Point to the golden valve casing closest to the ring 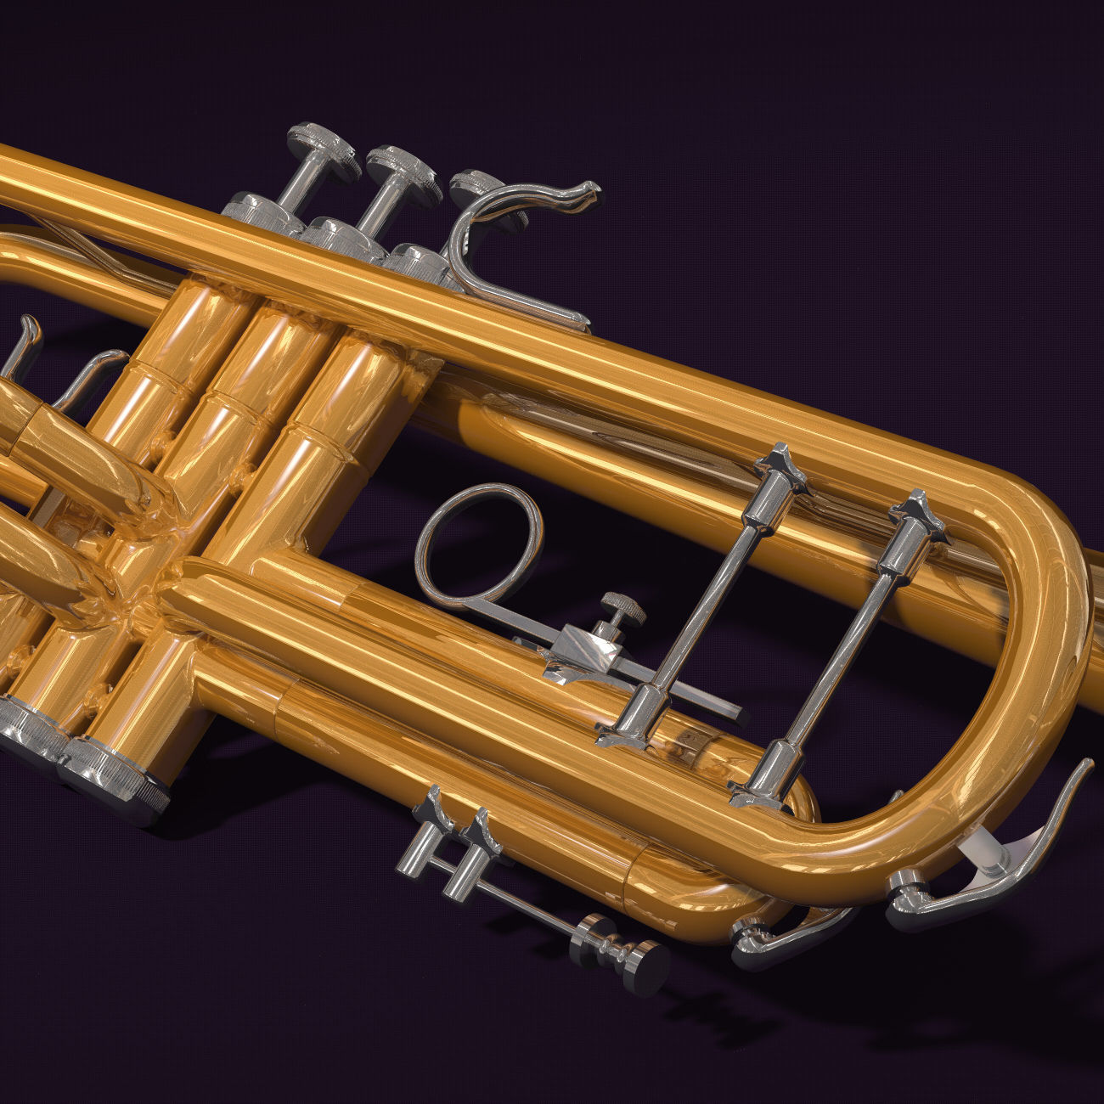(x=340, y=425)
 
